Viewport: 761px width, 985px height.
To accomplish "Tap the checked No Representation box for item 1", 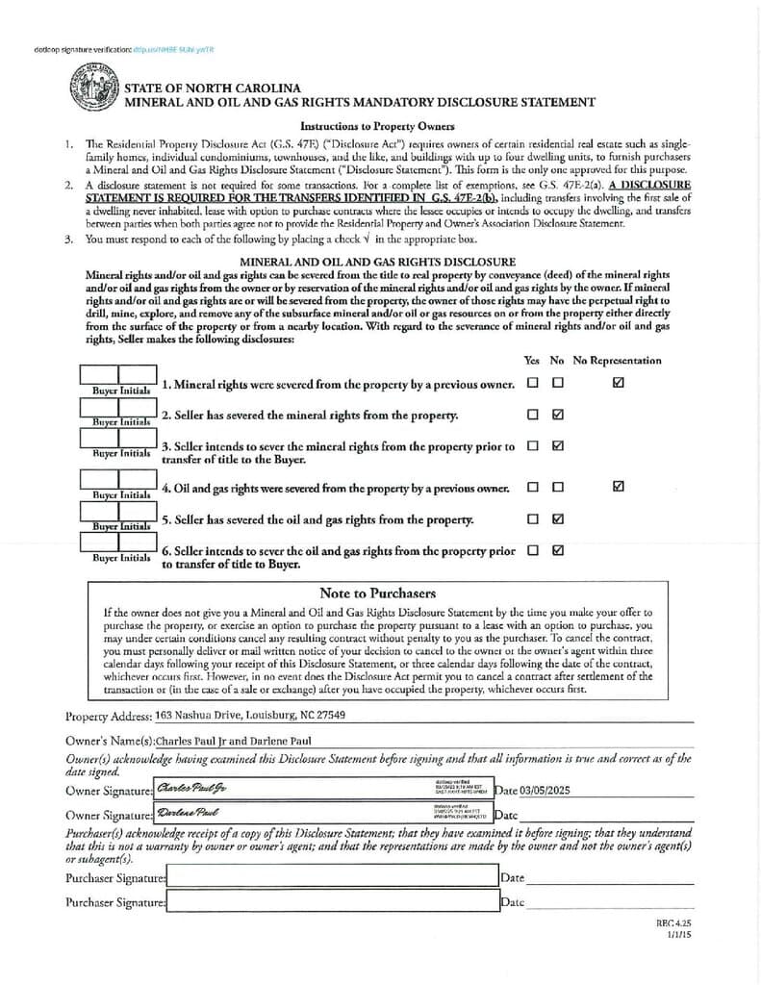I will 618,383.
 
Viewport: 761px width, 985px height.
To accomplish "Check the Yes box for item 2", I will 532,415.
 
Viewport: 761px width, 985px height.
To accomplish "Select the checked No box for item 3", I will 558,446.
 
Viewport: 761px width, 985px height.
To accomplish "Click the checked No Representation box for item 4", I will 618,487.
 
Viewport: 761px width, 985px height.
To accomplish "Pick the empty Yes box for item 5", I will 532,519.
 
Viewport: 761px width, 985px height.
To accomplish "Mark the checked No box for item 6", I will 558,551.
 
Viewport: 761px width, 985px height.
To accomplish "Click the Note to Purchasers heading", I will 377,594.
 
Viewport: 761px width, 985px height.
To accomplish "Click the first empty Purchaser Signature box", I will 331,877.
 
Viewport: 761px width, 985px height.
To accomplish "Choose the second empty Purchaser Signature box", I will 331,901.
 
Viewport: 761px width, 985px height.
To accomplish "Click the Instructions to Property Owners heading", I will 377,126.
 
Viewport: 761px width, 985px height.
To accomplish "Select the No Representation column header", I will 617,361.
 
